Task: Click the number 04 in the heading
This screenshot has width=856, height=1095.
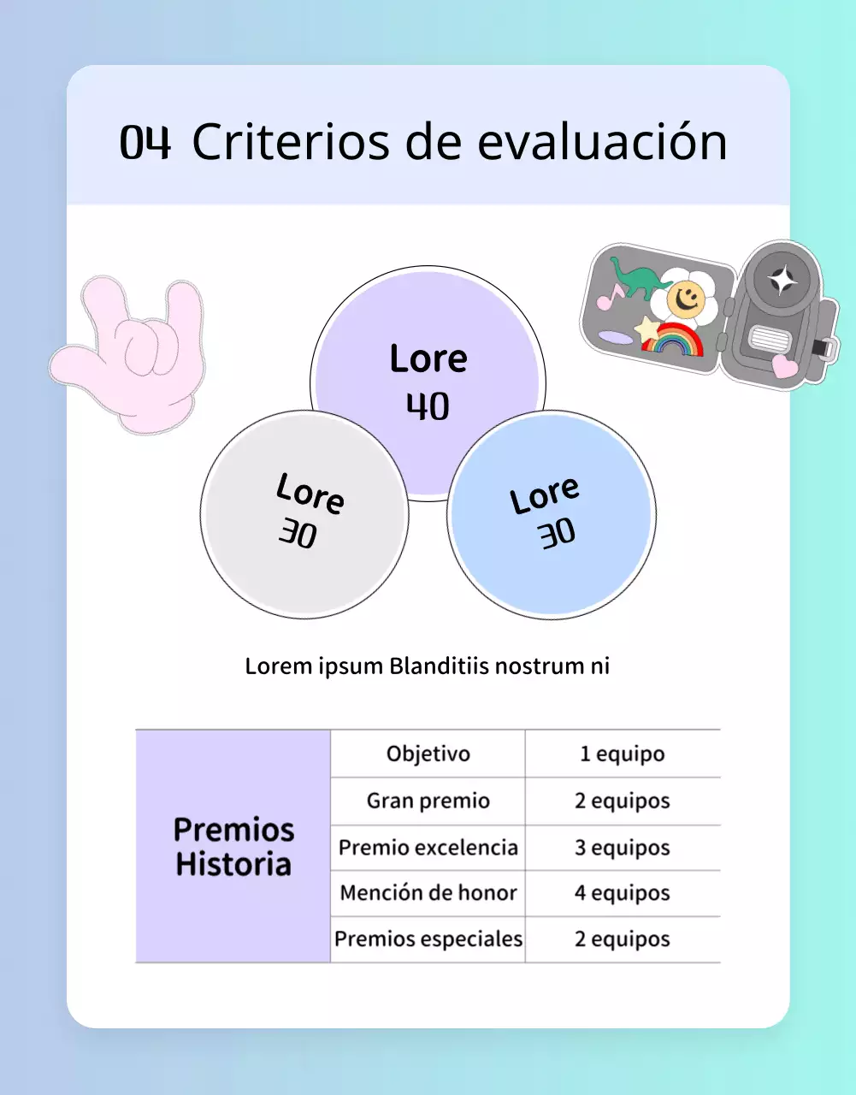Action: point(145,142)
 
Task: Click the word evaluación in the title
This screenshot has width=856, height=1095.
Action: point(602,142)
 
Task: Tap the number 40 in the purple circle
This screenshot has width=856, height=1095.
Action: point(428,406)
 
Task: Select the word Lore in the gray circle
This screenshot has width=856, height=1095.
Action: point(310,494)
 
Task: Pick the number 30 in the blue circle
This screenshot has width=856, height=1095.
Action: point(557,534)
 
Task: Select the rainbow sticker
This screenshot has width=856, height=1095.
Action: point(674,340)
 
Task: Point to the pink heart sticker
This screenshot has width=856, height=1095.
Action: point(784,366)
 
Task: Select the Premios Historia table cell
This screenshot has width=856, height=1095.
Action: point(233,846)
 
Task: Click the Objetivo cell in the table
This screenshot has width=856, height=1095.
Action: point(428,754)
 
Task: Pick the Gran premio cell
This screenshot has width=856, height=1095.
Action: point(428,801)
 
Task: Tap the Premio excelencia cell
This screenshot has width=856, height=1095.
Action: point(428,848)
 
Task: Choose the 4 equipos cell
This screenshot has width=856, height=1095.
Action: point(622,893)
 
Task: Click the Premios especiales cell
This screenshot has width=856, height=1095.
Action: point(428,939)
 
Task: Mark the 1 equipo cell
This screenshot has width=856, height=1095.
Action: point(622,754)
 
